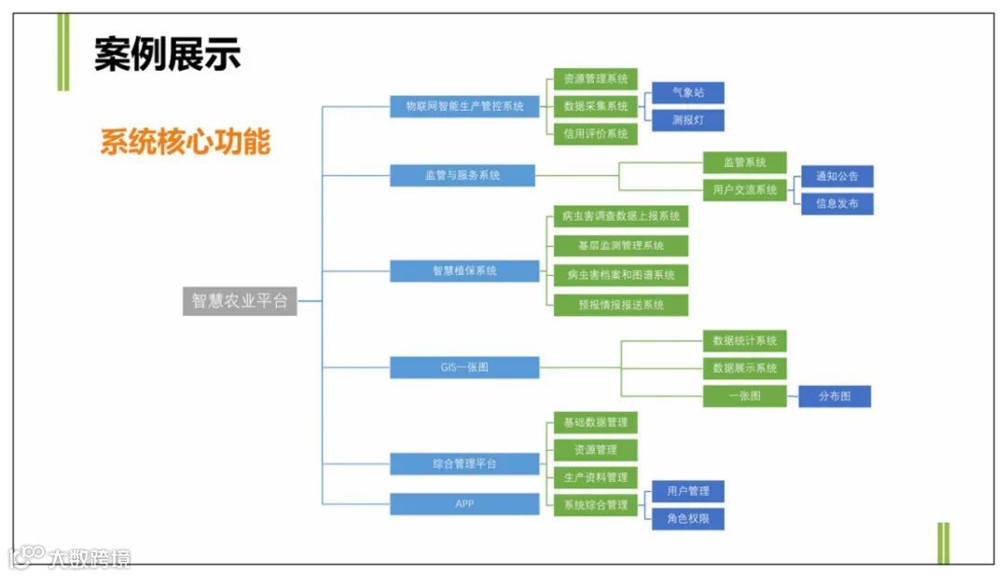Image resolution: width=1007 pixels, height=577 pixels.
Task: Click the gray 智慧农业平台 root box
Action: coord(240,301)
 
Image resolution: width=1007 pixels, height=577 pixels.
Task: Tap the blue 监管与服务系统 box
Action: coord(462,175)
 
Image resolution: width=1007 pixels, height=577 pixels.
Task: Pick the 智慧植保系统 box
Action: coord(464,271)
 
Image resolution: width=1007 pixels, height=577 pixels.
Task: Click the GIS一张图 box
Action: coord(464,367)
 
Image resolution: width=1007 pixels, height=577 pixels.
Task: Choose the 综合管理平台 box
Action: coord(464,463)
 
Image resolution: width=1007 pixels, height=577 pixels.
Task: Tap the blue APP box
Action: coord(464,504)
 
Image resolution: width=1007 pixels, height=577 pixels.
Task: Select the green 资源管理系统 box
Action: coord(596,78)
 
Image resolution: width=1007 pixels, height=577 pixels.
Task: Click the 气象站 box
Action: coord(688,92)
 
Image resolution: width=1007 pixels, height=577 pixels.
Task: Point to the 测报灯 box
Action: coord(688,120)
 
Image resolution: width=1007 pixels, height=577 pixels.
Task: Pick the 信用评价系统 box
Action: coord(596,133)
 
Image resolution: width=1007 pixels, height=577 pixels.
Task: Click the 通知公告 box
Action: coord(837,176)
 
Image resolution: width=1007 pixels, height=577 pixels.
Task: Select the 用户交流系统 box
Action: coord(745,190)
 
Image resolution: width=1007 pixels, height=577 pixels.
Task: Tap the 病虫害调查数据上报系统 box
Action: coord(621,216)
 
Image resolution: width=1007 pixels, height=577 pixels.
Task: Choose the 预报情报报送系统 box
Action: coord(621,305)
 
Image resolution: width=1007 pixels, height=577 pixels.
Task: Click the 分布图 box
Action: coord(835,396)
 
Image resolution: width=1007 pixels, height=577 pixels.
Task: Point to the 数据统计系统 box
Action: coord(745,341)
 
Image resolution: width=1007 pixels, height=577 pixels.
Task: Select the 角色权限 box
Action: coord(688,518)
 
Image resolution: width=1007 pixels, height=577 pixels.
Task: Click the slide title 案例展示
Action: coord(168,54)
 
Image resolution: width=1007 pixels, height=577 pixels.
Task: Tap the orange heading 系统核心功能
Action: coord(186,142)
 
